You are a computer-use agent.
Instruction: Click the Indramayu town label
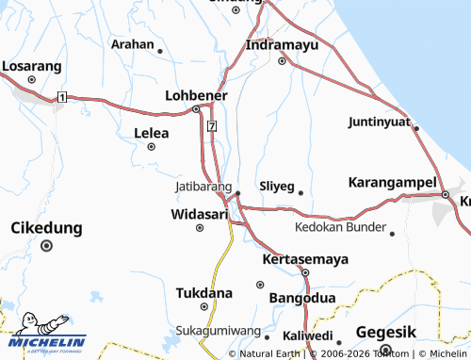click(x=282, y=44)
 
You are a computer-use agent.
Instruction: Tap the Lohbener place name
click(x=196, y=95)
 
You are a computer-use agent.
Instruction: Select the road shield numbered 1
click(x=61, y=97)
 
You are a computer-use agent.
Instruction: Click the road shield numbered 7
click(x=213, y=125)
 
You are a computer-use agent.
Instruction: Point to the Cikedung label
click(x=46, y=228)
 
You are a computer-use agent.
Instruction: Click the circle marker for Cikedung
click(x=46, y=246)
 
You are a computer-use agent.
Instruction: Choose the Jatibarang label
click(x=203, y=187)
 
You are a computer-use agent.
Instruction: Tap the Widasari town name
click(x=200, y=214)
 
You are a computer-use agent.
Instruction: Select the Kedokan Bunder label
click(x=340, y=227)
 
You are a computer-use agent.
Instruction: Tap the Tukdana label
click(x=203, y=292)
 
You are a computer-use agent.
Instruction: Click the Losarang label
click(x=31, y=66)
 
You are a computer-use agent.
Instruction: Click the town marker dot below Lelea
click(x=152, y=146)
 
